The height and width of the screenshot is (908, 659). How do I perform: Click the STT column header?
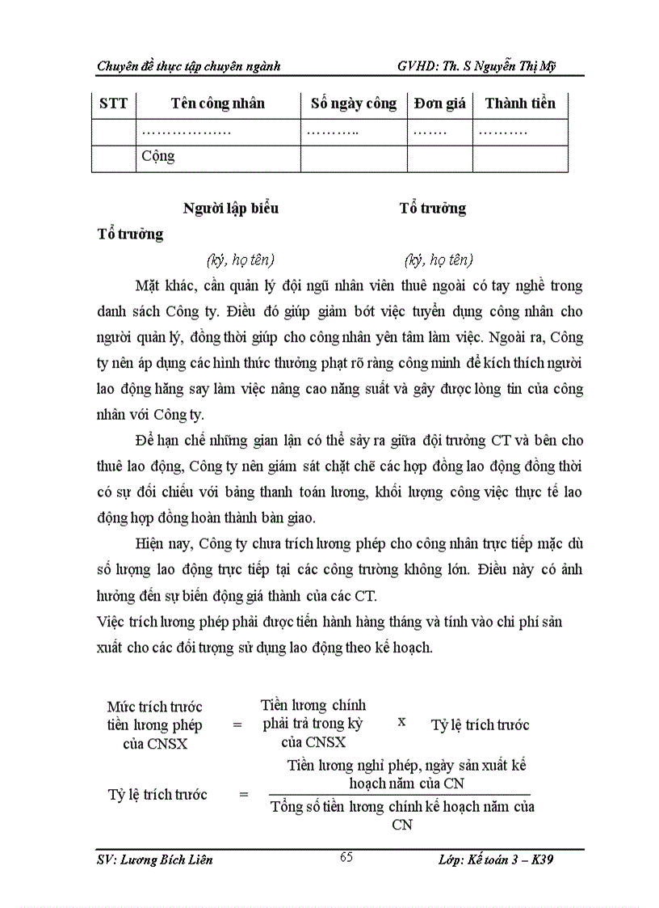[113, 103]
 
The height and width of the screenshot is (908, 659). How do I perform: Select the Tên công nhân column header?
[217, 103]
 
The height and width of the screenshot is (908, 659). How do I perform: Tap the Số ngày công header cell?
[354, 103]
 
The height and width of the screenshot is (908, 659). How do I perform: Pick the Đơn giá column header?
[439, 103]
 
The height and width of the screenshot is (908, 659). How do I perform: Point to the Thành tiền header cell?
[520, 103]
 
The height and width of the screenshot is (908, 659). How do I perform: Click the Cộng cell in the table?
[158, 157]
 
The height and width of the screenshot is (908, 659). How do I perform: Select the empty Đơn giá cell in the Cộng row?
[439, 158]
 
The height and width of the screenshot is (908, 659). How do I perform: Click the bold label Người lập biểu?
[231, 208]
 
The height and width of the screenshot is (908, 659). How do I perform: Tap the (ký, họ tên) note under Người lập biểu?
[241, 260]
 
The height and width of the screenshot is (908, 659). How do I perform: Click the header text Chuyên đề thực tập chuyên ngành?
[188, 66]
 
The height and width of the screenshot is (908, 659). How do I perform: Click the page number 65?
[346, 858]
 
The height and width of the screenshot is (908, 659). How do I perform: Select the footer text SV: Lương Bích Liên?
[154, 859]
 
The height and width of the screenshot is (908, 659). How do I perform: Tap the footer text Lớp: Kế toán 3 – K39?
[490, 859]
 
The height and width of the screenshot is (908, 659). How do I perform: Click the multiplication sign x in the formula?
[401, 722]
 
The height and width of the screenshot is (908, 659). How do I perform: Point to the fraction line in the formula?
[399, 796]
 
